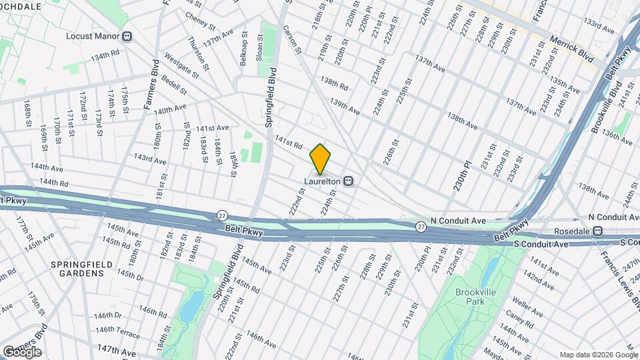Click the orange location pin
click(x=320, y=159)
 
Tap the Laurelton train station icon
click(x=348, y=181)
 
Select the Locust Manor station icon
click(x=127, y=36)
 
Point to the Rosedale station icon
click(x=598, y=231)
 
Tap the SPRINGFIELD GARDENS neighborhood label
click(x=79, y=269)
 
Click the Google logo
click(x=21, y=352)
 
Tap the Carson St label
click(x=293, y=40)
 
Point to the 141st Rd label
click(x=289, y=142)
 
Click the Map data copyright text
click(x=597, y=355)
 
